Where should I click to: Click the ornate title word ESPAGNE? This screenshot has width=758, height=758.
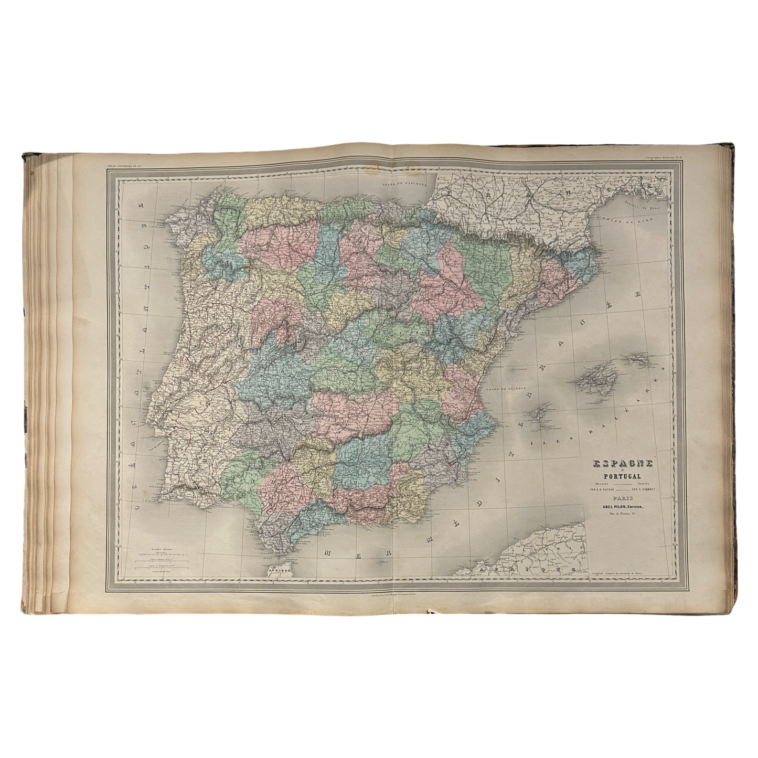pyautogui.click(x=622, y=464)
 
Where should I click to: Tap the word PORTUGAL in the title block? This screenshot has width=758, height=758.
pyautogui.click(x=622, y=476)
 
